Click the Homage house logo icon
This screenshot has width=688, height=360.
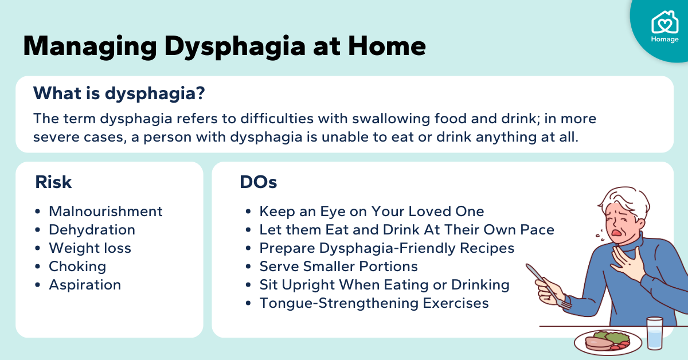pyautogui.click(x=664, y=22)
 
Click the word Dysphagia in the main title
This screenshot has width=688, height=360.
pyautogui.click(x=234, y=46)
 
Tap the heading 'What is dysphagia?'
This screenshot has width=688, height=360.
pyautogui.click(x=119, y=93)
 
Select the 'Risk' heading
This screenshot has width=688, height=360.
pyautogui.click(x=53, y=182)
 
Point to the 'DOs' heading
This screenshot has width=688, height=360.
pyautogui.click(x=259, y=182)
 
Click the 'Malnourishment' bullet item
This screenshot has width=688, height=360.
pyautogui.click(x=105, y=212)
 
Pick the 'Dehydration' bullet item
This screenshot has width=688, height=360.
pyautogui.click(x=92, y=230)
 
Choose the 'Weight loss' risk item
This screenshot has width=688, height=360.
pyautogui.click(x=90, y=248)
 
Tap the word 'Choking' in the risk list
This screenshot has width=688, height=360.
pyautogui.click(x=77, y=267)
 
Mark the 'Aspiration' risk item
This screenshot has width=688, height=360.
pyautogui.click(x=85, y=285)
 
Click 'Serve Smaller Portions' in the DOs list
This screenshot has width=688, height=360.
pyautogui.click(x=338, y=267)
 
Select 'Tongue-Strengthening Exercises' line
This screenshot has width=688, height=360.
pyautogui.click(x=374, y=303)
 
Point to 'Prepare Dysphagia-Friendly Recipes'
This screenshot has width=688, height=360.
pyautogui.click(x=386, y=248)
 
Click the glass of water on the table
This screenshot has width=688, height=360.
pyautogui.click(x=655, y=333)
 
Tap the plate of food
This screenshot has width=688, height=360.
pyautogui.click(x=608, y=342)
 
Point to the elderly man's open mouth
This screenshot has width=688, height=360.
pyautogui.click(x=616, y=232)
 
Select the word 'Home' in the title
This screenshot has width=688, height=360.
pyautogui.click(x=386, y=46)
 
